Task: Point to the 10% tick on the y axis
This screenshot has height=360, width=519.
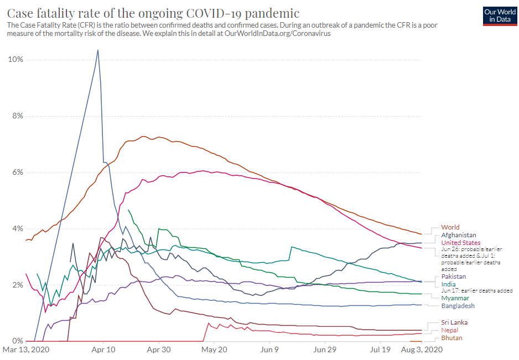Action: coord(15,60)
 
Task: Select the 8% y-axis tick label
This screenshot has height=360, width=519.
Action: coord(17,116)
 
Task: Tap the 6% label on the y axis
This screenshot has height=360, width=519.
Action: coord(17,173)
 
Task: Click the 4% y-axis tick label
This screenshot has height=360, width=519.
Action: coord(17,229)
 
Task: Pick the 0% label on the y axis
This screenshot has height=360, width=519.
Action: coord(17,341)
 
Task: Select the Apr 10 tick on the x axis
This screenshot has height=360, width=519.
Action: coord(103,350)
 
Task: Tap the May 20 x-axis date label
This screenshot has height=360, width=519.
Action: coord(214,350)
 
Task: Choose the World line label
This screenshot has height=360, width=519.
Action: coord(450,227)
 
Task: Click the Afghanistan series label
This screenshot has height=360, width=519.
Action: coord(458,235)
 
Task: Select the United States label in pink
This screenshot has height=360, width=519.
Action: coord(460,243)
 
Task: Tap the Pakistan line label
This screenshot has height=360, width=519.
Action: coord(453,276)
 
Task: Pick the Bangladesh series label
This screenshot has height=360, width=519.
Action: coord(458,306)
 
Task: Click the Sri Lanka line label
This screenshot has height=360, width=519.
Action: coord(454,322)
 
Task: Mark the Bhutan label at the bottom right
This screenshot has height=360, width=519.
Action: coord(451,338)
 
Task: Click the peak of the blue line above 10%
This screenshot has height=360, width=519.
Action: coord(98,50)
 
